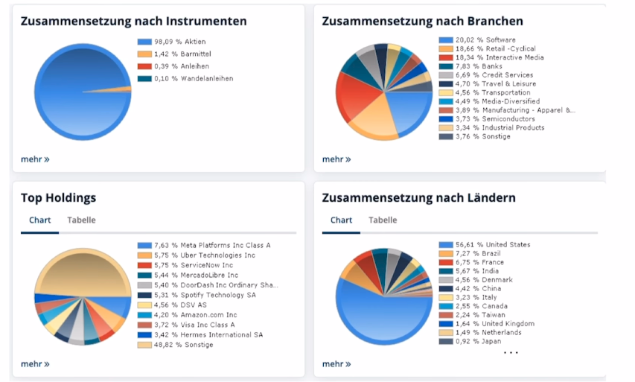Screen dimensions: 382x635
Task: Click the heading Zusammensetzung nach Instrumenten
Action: (x=133, y=22)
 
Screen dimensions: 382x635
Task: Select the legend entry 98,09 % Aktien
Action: (x=179, y=42)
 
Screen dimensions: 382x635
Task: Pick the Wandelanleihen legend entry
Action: (x=193, y=78)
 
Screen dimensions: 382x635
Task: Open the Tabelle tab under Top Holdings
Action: (x=81, y=220)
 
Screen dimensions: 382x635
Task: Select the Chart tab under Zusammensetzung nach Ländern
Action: (x=341, y=220)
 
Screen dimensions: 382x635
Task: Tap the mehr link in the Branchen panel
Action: (x=336, y=159)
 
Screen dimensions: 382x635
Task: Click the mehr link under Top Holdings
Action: (x=35, y=364)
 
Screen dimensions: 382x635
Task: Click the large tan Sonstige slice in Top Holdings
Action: (x=82, y=272)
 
